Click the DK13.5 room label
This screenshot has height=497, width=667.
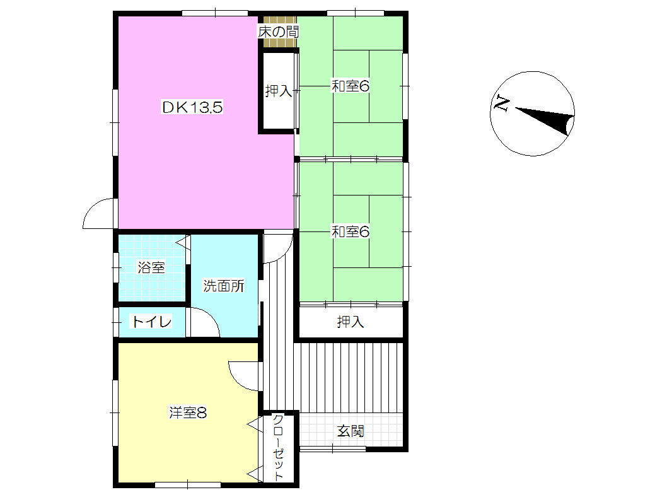192,107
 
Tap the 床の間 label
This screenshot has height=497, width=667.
278,32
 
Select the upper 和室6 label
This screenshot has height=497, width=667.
351,86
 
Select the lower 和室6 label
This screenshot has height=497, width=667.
351,232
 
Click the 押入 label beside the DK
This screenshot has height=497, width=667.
279,91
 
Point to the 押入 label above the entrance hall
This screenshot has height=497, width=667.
351,322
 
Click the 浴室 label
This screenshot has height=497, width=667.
151,267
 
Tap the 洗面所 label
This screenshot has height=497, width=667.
224,286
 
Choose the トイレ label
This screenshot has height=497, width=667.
152,321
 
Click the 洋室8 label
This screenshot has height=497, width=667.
188,412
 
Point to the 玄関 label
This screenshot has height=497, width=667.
351,431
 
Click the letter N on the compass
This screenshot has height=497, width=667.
501,104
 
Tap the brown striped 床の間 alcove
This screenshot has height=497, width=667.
279,32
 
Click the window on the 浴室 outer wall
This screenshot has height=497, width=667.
116,267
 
